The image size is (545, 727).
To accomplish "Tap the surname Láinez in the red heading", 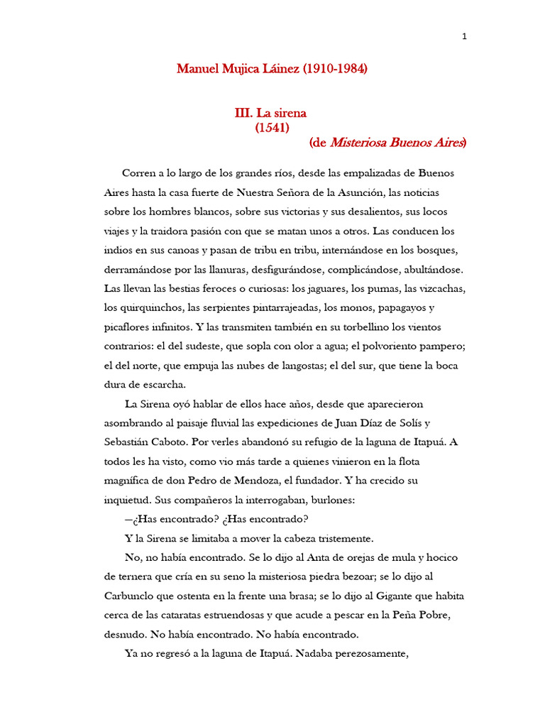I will [x=280, y=70].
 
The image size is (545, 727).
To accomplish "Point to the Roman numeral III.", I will [x=244, y=113].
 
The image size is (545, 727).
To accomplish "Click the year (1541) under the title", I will [x=272, y=128].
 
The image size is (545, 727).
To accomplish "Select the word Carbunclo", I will [x=132, y=596].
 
